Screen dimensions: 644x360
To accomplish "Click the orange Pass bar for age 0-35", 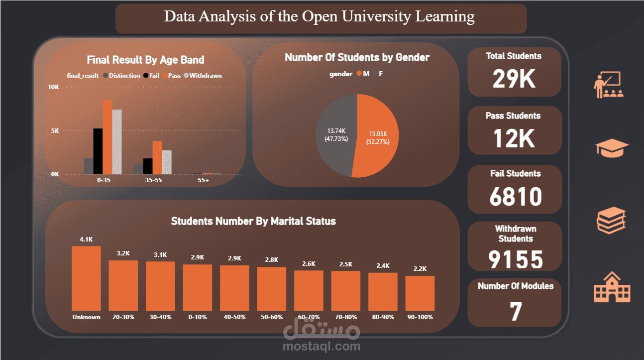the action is coord(107,137).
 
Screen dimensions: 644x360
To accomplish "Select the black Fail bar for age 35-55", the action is coord(148,166).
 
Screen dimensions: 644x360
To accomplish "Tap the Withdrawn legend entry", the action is coord(203,76).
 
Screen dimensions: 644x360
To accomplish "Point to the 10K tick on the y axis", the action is coord(53,87).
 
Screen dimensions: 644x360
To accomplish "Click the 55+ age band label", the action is coord(203,180).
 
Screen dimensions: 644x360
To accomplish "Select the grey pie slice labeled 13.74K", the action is coord(336,135).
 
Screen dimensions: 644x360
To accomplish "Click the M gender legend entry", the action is coord(363,74).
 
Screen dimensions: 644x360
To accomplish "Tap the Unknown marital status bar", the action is coord(86,278).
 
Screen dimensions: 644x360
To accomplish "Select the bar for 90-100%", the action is coord(420,293).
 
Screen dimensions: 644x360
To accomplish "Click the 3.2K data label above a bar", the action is coord(123,253).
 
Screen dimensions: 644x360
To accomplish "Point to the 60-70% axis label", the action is coord(309,317).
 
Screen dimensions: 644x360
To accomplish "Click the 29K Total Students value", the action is coord(514,79).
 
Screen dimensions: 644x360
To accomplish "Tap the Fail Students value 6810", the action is coord(516,197).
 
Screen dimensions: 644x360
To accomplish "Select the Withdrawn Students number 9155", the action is coord(516,259).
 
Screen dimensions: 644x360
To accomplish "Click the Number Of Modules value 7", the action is coord(516,311).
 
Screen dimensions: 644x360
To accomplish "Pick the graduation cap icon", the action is coord(612,148).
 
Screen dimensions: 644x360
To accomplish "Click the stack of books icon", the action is coord(611,220).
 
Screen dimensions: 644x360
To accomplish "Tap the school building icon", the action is coord(612,287).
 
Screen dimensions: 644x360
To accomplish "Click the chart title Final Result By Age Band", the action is coord(145,60).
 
